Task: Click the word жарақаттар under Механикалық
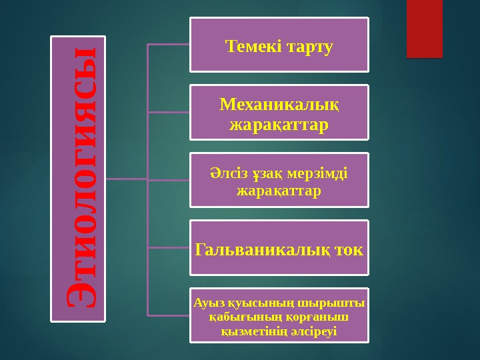pyautogui.click(x=279, y=125)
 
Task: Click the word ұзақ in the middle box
pyautogui.click(x=267, y=175)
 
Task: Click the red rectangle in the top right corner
pyautogui.click(x=424, y=29)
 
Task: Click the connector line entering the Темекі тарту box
pyautogui.click(x=168, y=45)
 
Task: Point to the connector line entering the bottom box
pyautogui.click(x=168, y=315)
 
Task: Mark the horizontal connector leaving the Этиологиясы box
pyautogui.click(x=125, y=179)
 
